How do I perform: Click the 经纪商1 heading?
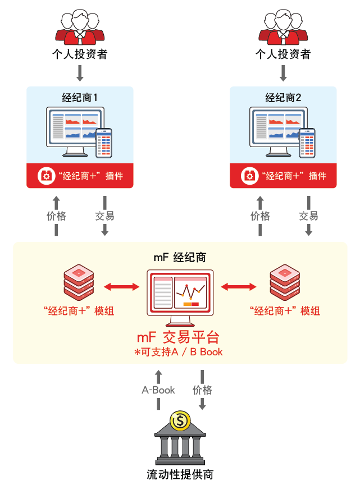[80, 98]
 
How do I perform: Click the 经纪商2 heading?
[283, 98]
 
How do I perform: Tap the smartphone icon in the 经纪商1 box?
[104, 143]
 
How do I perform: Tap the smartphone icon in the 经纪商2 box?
[307, 143]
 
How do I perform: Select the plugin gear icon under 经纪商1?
[45, 176]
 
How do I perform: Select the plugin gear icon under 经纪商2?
[249, 176]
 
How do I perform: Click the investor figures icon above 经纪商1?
[80, 28]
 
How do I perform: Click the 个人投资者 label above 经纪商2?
[283, 54]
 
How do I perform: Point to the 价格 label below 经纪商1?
[56, 216]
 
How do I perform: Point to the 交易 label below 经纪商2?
[308, 216]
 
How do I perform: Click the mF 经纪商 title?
[180, 258]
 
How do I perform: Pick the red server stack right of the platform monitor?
[285, 283]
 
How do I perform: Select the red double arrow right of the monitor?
[239, 287]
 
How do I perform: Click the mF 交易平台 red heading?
[178, 337]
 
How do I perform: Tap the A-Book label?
[158, 390]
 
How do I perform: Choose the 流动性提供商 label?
[180, 474]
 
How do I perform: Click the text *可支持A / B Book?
[179, 352]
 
